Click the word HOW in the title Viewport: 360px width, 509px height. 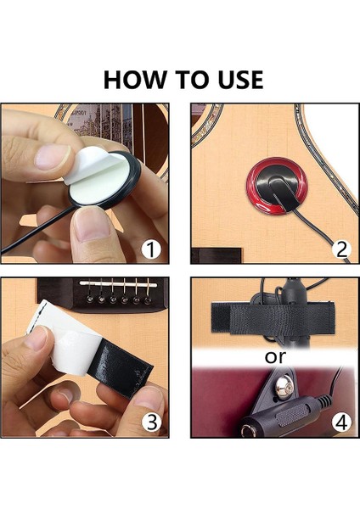point(134,80)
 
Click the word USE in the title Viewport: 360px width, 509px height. point(240,80)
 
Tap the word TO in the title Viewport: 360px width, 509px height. point(191,80)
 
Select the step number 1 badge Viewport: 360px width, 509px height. point(151,249)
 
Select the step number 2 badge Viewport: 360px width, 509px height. point(341,249)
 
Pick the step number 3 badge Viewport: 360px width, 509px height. point(152,422)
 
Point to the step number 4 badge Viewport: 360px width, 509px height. point(341,422)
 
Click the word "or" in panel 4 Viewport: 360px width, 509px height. point(275,357)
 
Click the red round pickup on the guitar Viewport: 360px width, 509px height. point(277,186)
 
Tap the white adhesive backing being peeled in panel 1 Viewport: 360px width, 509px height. point(87,165)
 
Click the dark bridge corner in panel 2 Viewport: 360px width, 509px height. point(217,255)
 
